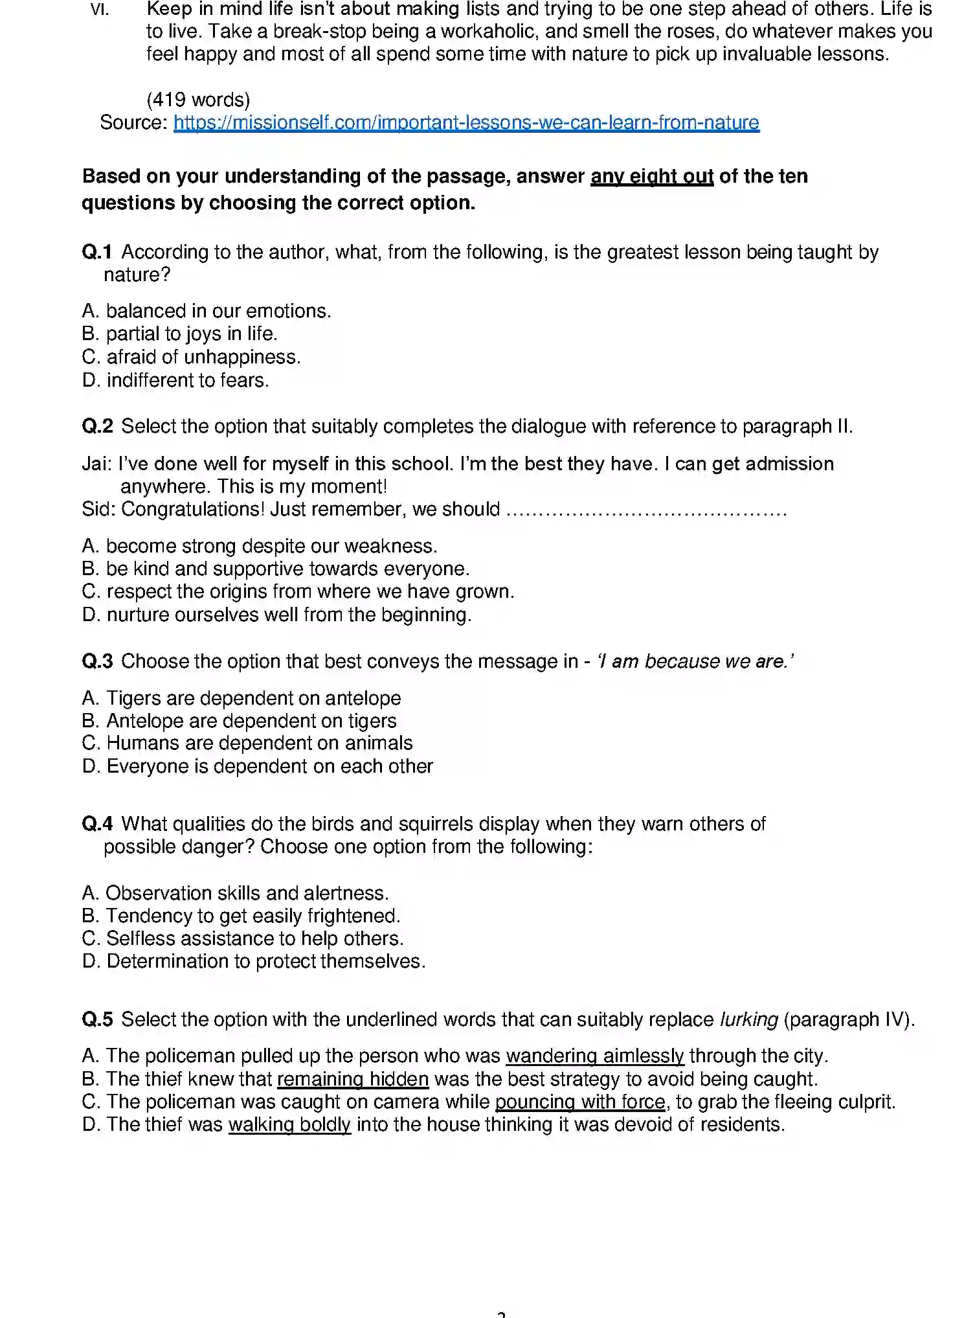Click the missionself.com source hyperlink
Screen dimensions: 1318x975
(466, 122)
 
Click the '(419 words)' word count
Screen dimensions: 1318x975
(198, 100)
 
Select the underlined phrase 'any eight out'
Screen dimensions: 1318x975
(651, 176)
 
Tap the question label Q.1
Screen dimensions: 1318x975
(97, 252)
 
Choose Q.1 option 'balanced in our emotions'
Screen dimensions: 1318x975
(218, 311)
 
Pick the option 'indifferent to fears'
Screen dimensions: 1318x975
(187, 380)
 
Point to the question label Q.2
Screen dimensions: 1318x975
(97, 426)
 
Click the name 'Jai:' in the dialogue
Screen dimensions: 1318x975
(97, 464)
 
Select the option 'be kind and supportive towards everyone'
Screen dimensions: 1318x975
(287, 569)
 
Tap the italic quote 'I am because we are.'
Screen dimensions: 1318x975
(695, 661)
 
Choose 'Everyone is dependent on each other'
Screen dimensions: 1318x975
(269, 766)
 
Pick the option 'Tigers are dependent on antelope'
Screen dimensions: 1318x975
(253, 698)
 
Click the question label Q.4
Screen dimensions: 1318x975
(97, 824)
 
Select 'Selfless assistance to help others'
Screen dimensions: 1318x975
(254, 938)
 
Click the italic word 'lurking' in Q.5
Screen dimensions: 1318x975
(748, 1019)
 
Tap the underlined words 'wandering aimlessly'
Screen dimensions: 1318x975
(594, 1056)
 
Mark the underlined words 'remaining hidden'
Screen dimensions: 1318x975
(353, 1079)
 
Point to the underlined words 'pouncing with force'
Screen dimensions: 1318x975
(580, 1102)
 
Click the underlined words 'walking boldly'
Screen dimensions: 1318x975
(289, 1124)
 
